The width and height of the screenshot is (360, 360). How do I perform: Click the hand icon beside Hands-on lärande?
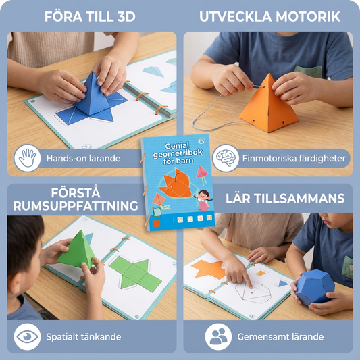27,158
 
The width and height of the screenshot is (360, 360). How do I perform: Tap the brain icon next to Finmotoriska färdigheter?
226,158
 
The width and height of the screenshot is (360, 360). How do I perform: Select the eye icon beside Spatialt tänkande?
27,336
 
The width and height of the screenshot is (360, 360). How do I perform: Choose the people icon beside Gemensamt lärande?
218,336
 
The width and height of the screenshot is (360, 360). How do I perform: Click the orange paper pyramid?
269,105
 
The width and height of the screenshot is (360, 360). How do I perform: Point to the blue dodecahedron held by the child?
315,287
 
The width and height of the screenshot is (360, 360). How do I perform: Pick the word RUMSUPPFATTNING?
76,206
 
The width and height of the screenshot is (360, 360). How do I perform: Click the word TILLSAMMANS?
299,199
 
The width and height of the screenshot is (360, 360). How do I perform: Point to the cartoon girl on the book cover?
203,200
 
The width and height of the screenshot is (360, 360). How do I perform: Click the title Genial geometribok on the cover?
178,149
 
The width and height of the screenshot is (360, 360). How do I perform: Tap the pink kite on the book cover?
202,172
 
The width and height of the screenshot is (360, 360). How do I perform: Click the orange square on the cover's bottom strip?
156,224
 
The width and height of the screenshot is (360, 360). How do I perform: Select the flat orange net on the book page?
209,269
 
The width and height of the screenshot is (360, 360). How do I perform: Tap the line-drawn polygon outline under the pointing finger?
253,292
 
